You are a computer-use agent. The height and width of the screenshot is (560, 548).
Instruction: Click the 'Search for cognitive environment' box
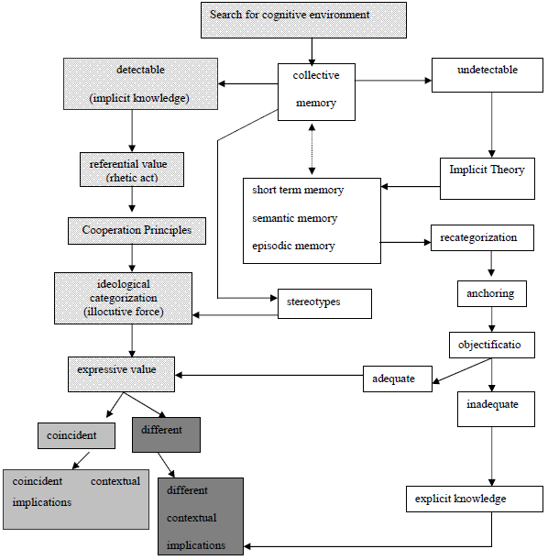[x=303, y=20]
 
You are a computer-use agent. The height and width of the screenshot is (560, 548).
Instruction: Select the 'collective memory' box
[x=316, y=92]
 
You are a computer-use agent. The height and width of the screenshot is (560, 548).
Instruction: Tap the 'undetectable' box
[x=488, y=75]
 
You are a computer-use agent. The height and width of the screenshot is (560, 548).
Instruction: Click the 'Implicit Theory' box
[x=488, y=179]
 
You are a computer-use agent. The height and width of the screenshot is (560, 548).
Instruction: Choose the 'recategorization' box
[x=482, y=238]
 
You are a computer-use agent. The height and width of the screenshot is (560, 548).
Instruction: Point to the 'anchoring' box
[x=492, y=293]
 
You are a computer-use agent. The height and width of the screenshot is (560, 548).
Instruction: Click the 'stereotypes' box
[x=324, y=303]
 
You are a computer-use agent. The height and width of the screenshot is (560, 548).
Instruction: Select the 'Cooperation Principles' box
[x=137, y=231]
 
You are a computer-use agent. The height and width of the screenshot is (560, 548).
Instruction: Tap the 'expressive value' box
[x=121, y=374]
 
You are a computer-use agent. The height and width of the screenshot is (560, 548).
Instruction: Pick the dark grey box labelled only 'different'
[x=167, y=434]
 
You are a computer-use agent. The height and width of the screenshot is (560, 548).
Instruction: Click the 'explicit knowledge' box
[x=475, y=499]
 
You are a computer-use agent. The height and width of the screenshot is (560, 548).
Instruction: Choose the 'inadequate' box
[x=496, y=409]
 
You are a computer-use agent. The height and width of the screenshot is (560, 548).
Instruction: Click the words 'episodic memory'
[x=293, y=246]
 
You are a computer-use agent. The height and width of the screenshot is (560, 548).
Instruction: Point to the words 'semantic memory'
[x=294, y=218]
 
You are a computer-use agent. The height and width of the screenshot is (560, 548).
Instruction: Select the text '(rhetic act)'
[x=132, y=178]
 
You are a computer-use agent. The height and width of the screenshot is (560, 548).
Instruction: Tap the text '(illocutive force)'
[x=124, y=312]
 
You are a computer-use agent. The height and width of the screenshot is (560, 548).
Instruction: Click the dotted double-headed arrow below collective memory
[x=312, y=149]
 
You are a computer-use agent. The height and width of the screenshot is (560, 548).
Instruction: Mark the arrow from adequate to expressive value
[x=269, y=375]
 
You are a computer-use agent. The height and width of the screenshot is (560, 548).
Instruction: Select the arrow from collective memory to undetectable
[x=393, y=81]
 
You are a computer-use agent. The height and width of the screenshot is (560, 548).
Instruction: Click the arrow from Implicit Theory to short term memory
[x=411, y=186]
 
